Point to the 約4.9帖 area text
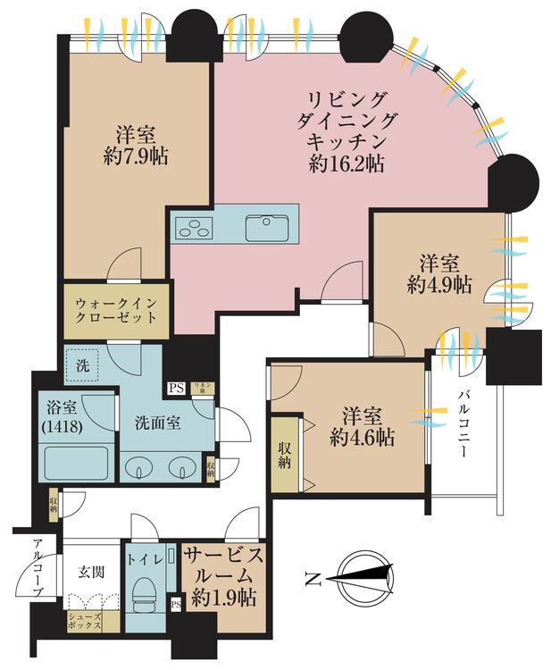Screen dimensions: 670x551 439,285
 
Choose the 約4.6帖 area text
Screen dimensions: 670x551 362,438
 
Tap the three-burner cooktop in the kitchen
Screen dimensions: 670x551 194,228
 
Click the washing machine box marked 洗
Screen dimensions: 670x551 82,364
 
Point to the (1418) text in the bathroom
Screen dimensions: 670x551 63,428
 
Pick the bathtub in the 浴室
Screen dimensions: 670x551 76,464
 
